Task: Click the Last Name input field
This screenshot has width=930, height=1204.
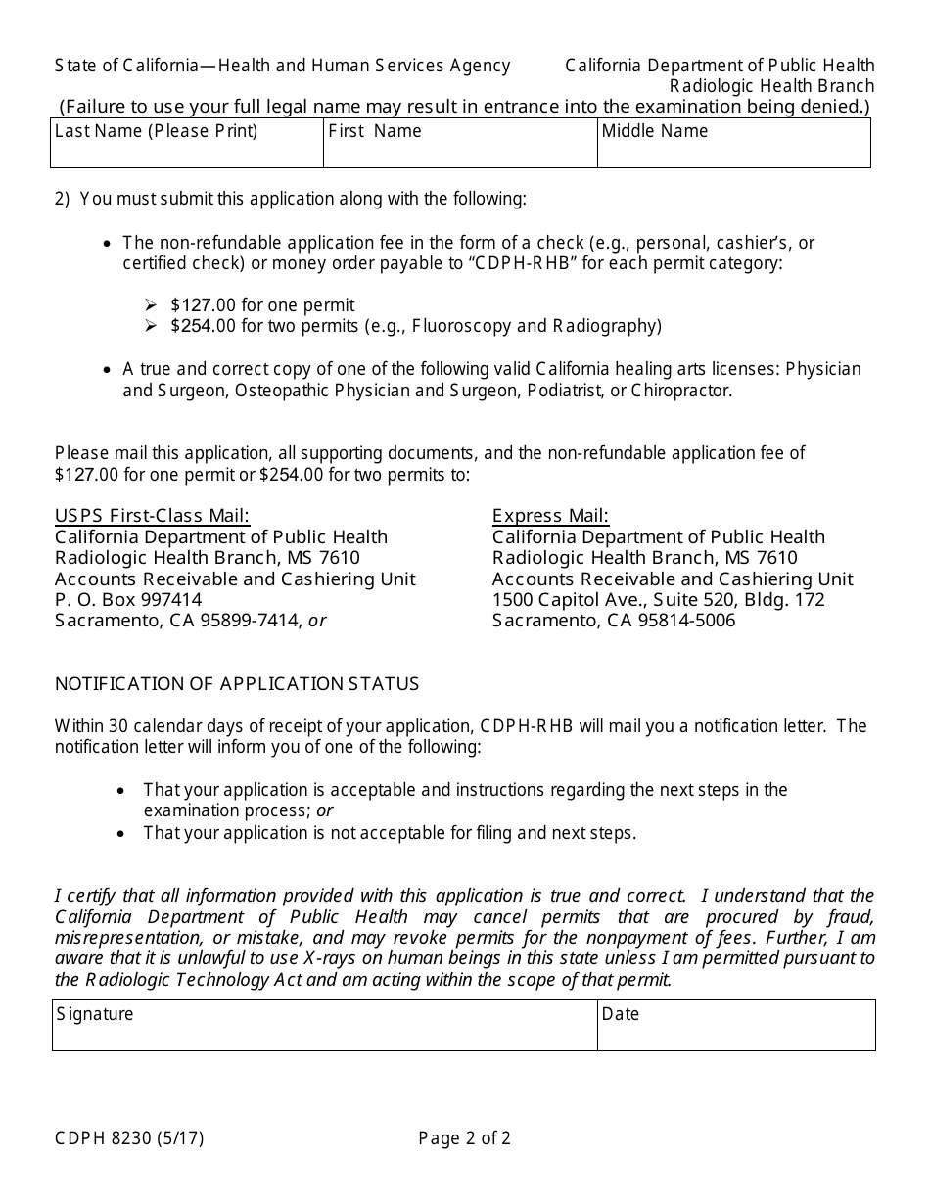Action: click(x=186, y=150)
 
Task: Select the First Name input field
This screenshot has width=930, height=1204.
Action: click(x=460, y=150)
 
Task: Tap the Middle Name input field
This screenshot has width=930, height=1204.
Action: click(x=733, y=150)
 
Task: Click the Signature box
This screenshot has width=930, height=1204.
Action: click(x=324, y=1033)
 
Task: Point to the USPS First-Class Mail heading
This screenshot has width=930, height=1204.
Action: click(x=152, y=516)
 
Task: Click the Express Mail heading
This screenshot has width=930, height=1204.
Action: click(x=550, y=516)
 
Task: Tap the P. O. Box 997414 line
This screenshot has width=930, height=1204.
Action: click(x=128, y=599)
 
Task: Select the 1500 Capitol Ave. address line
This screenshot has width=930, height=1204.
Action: click(x=658, y=599)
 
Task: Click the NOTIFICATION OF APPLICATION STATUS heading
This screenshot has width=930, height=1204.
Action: click(x=237, y=684)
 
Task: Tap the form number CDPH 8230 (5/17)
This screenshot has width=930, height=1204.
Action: click(x=129, y=1138)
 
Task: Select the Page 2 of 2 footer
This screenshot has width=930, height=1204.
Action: click(x=464, y=1138)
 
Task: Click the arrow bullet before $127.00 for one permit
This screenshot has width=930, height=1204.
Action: click(x=151, y=305)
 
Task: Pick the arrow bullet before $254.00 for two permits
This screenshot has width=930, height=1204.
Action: click(x=151, y=326)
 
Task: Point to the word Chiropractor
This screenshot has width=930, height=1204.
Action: click(x=679, y=391)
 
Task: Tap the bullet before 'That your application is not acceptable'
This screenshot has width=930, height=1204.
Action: click(x=120, y=834)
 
